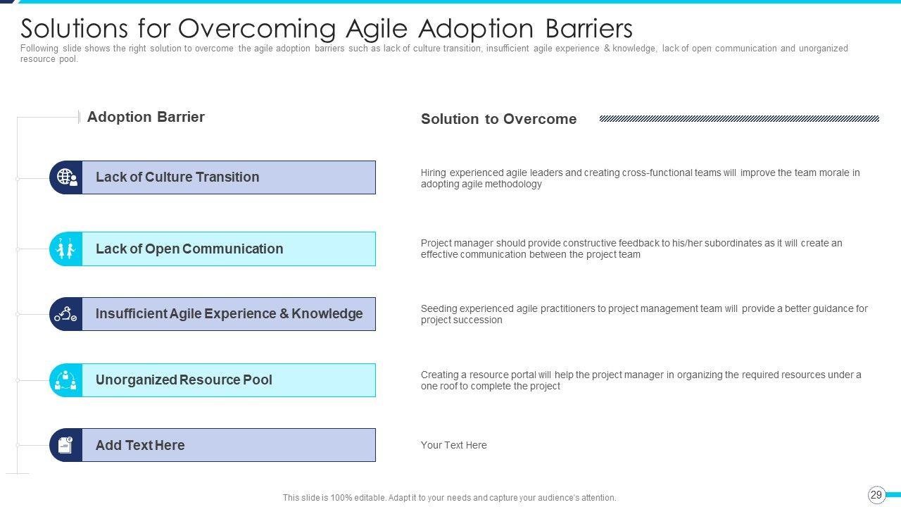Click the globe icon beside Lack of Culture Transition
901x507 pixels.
(67, 177)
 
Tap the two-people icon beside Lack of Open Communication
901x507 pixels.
(65, 249)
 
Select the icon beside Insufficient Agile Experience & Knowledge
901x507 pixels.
(65, 314)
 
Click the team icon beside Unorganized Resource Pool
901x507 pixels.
(65, 380)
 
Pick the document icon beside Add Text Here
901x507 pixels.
(65, 445)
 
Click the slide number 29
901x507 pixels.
(876, 494)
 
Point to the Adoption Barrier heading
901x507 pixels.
(146, 117)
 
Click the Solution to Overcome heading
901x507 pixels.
(498, 119)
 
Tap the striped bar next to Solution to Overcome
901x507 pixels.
(739, 119)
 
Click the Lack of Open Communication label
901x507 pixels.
(189, 249)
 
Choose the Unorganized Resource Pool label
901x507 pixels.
(184, 380)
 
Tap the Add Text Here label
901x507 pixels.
(140, 445)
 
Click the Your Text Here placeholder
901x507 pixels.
(454, 445)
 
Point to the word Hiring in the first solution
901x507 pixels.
(433, 173)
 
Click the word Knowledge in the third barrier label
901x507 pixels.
(327, 313)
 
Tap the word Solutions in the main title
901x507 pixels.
(74, 29)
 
